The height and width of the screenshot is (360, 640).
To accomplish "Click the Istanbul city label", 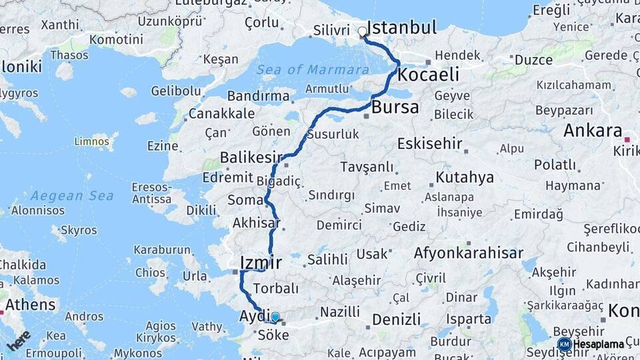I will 402,28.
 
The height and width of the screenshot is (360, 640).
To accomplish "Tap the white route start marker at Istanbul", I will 363,31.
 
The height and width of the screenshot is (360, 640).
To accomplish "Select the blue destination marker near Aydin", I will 275,317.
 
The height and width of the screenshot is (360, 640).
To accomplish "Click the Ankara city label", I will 592,131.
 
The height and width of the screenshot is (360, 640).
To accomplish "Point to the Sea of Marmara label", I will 313,69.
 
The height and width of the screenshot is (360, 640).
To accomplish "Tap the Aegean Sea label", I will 71,195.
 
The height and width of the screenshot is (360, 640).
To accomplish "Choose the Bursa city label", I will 395,107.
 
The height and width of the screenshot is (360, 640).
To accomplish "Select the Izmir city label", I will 260,262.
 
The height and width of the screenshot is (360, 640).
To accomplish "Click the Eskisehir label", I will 429,143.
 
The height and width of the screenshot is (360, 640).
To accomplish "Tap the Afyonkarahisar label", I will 468,253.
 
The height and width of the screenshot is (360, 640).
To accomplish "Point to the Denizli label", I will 396,319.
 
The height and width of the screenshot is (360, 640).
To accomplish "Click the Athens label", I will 31,305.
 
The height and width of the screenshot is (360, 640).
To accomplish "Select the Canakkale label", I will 221,114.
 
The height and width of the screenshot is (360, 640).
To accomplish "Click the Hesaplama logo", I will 591,344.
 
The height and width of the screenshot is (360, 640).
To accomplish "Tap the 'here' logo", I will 18,340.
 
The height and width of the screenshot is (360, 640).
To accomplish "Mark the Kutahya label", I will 465,177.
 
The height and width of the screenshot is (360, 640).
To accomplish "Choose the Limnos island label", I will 91,141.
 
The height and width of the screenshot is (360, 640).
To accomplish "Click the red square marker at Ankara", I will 627,139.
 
